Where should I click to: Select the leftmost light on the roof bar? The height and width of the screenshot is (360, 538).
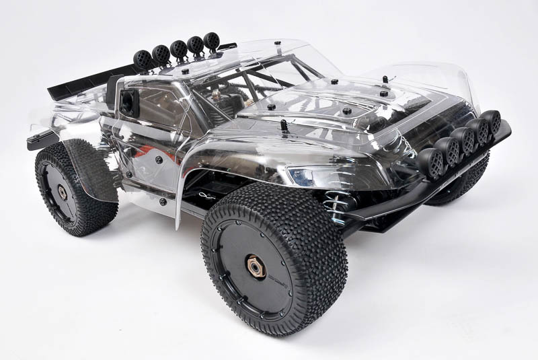click(x=143, y=59)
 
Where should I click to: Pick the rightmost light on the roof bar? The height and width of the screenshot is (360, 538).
click(x=211, y=42)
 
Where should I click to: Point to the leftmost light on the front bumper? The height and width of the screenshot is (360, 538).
click(x=430, y=162)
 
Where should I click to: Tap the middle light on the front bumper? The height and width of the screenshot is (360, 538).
click(x=464, y=140)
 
